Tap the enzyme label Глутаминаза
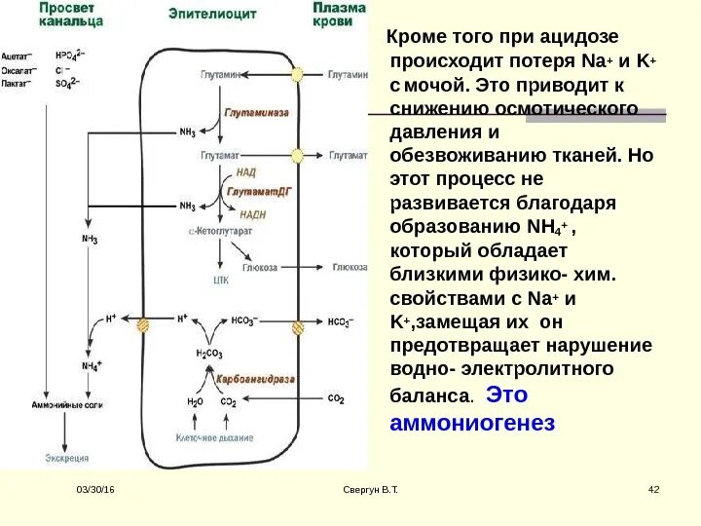(x=257, y=113)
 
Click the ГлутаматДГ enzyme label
(x=259, y=192)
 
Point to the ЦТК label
(x=220, y=280)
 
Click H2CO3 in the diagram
(x=208, y=353)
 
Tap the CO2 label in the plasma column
(x=336, y=398)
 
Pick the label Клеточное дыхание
(x=213, y=438)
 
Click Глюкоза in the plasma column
(x=350, y=266)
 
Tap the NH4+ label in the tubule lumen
(x=92, y=365)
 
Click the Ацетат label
(x=16, y=57)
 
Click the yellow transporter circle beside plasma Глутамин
(x=298, y=74)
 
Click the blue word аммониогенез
(x=471, y=423)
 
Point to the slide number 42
(x=653, y=488)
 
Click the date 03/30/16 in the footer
(x=96, y=488)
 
